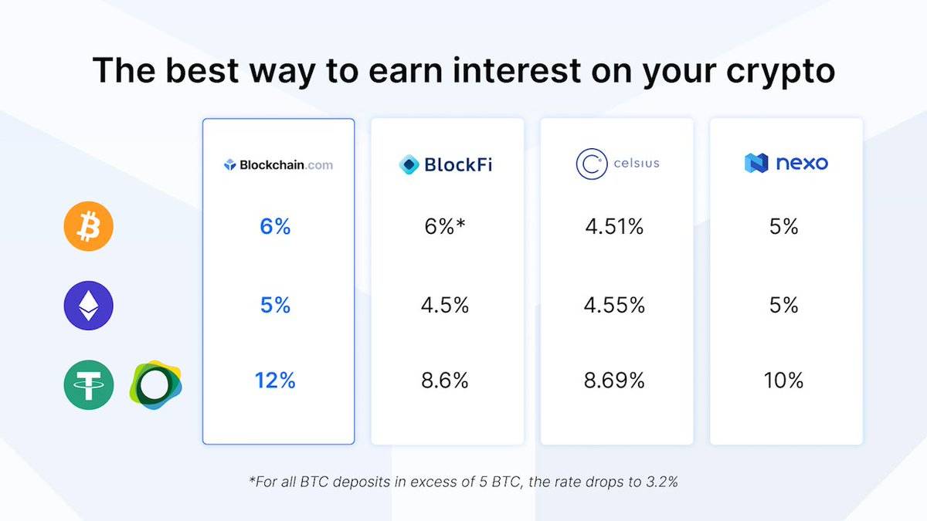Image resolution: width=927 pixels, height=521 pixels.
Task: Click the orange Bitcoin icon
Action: point(89,226)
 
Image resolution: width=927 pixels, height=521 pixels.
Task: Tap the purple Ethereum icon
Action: point(89,306)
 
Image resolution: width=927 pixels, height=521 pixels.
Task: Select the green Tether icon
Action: point(89,384)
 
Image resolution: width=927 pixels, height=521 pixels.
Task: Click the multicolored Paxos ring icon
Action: point(155,384)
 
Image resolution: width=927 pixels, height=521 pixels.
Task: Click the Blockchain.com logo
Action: point(278,165)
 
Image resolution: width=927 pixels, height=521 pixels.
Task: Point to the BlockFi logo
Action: point(446,164)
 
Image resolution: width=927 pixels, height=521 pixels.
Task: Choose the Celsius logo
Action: point(617,164)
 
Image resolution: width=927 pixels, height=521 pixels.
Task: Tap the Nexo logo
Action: point(786,163)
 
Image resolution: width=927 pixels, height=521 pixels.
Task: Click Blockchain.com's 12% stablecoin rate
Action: point(275,381)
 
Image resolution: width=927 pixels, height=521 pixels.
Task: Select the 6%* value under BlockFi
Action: point(445,226)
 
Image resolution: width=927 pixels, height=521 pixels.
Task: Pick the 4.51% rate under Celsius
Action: point(614,227)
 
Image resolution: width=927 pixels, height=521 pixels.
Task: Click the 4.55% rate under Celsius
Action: point(614,305)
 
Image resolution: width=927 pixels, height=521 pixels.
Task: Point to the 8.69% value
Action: point(614,381)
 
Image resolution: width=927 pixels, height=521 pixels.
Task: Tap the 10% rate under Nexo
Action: point(783,381)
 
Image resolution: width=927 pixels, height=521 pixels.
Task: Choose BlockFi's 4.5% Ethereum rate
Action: point(445,305)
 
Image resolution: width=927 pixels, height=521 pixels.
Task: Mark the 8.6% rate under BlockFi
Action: point(445,381)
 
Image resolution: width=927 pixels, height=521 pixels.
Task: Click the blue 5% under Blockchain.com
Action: point(275,305)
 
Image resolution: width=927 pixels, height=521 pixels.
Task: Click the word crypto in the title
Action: point(780,71)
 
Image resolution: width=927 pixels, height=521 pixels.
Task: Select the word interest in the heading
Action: point(518,70)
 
